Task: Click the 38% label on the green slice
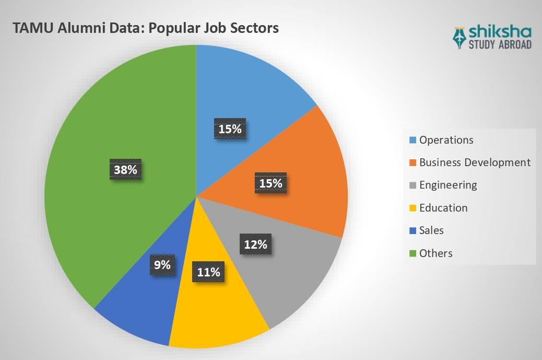click(x=126, y=170)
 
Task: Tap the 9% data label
click(x=162, y=265)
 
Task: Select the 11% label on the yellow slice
click(x=208, y=272)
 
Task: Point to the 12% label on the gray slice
click(x=256, y=244)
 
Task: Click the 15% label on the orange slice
click(x=270, y=183)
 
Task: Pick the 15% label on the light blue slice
click(x=230, y=129)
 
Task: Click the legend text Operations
click(x=446, y=140)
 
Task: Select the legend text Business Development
click(x=475, y=162)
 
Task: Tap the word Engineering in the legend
click(x=448, y=185)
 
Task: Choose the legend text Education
click(x=443, y=208)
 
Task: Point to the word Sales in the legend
click(x=431, y=230)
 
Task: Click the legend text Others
click(x=435, y=253)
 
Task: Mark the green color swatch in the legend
click(x=413, y=253)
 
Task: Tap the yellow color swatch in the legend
click(x=413, y=208)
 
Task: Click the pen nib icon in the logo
click(x=460, y=37)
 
